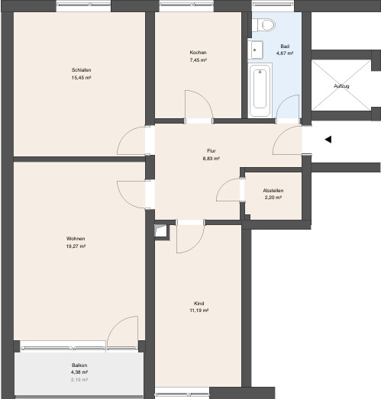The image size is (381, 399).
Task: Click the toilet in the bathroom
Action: (x=264, y=25)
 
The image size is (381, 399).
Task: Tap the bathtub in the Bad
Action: (x=260, y=90)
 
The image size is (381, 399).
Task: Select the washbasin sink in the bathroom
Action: (x=256, y=50)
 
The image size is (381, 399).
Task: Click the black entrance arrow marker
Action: (x=328, y=140)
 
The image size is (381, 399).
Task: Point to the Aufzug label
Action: (x=341, y=86)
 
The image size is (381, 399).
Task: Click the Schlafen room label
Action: (x=81, y=70)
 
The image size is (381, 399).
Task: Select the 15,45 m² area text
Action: (x=81, y=78)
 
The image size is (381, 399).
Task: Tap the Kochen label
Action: (x=198, y=53)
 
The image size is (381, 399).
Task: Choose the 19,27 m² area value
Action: (x=76, y=246)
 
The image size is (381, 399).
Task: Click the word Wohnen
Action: (x=76, y=239)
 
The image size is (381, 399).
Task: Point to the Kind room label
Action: (x=199, y=304)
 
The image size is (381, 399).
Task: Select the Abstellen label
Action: (x=273, y=190)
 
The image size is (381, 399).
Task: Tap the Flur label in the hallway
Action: (x=211, y=151)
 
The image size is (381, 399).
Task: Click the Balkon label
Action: (x=79, y=365)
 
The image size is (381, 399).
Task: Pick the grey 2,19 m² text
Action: (x=79, y=380)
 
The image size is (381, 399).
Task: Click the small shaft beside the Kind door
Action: (x=160, y=231)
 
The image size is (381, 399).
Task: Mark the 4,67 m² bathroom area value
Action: (x=285, y=53)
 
